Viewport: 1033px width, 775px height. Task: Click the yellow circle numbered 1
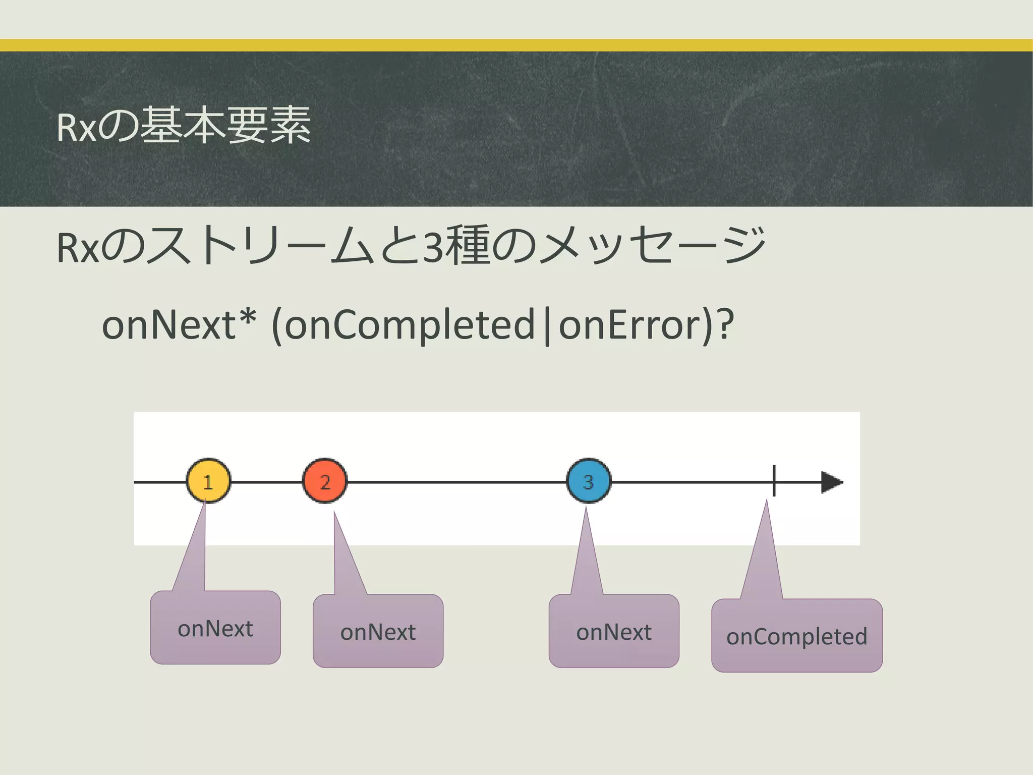coord(208,481)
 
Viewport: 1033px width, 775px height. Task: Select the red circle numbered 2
coord(325,481)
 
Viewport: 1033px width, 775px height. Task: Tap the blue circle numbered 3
coord(589,481)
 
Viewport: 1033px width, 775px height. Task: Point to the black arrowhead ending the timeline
coord(831,482)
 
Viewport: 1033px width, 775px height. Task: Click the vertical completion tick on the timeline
coord(774,481)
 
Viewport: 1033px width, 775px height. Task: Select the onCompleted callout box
coord(796,636)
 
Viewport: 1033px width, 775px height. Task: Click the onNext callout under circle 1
coord(215,628)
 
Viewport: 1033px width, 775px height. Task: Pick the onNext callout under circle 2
coord(378,632)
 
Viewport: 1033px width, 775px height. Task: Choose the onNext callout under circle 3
coord(614,632)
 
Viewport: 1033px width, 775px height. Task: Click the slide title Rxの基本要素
coord(184,126)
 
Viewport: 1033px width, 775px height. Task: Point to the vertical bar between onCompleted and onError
coord(547,327)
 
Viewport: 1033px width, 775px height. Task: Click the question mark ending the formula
coord(724,324)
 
